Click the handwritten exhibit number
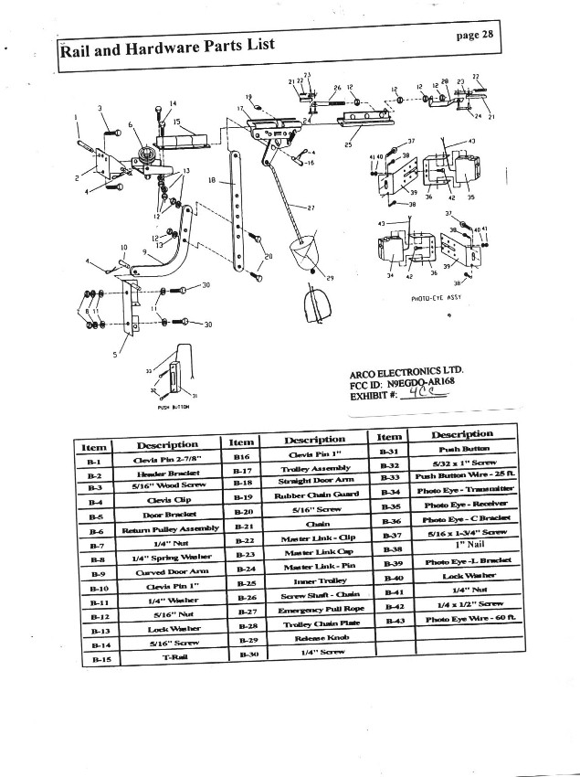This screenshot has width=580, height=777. (x=427, y=397)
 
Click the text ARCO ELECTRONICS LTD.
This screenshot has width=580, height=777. (x=406, y=374)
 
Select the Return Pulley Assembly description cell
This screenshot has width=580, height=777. (x=170, y=529)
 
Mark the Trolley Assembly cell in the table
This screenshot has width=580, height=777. (x=311, y=468)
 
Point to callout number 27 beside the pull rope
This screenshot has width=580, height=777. (x=311, y=208)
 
